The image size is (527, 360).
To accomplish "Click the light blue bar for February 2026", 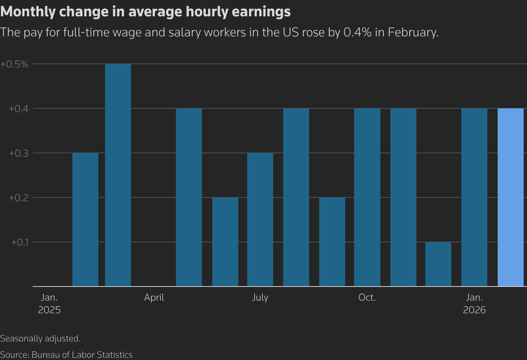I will [x=510, y=197].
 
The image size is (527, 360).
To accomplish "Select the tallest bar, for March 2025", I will [x=118, y=175].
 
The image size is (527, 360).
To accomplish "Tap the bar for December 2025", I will [x=438, y=264].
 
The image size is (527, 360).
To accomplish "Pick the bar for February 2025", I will [x=85, y=219].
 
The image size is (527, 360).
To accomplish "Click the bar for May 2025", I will [x=189, y=197].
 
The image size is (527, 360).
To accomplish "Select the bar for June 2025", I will [x=225, y=242].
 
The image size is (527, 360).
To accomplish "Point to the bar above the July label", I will [x=260, y=219].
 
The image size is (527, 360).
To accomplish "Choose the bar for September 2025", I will [x=332, y=242].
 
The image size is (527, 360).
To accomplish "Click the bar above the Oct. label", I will [x=367, y=197].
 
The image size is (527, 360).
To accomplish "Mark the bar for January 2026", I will [x=474, y=197].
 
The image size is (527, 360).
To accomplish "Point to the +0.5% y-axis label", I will [x=14, y=64].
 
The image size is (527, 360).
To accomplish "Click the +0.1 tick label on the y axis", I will [x=20, y=242].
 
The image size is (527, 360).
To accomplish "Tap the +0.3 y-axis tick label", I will [x=19, y=153].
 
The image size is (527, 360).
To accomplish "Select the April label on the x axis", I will [x=154, y=298].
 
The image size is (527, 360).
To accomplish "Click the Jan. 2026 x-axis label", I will [x=474, y=304].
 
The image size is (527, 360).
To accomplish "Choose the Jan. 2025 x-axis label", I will [x=49, y=304].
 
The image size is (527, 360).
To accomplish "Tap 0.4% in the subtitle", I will [x=357, y=32].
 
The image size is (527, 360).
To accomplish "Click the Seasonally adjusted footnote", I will [x=40, y=338].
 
